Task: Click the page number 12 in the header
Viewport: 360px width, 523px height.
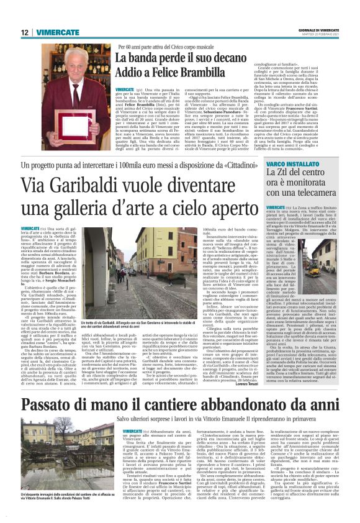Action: click(24, 32)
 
